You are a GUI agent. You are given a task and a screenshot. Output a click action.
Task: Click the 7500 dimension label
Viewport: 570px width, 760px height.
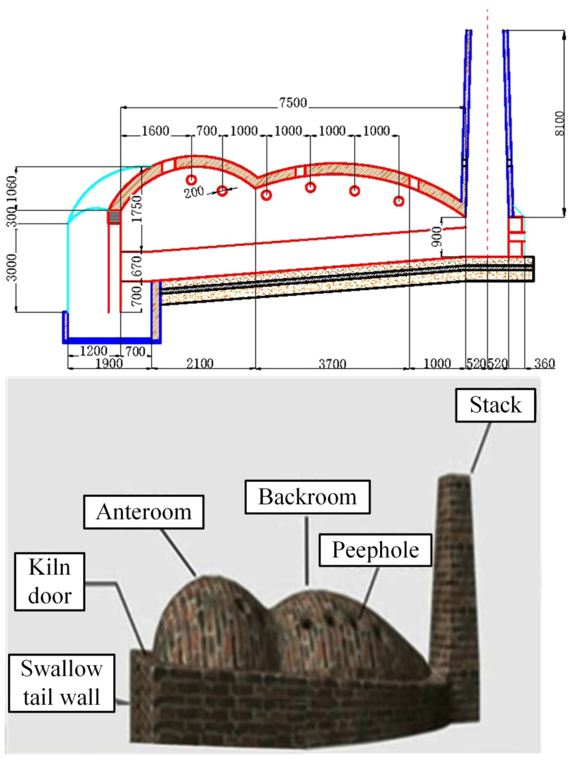click(292, 103)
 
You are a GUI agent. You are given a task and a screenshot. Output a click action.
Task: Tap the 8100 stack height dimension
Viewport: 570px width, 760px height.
click(560, 123)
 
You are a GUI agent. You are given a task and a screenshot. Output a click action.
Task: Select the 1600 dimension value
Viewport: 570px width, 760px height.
click(156, 131)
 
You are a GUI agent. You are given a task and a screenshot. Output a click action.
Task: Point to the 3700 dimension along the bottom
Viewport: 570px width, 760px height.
click(332, 364)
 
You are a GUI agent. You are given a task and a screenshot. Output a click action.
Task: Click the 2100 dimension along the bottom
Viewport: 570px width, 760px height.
click(200, 364)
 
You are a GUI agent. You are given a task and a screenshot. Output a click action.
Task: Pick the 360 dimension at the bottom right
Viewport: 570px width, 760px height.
click(544, 364)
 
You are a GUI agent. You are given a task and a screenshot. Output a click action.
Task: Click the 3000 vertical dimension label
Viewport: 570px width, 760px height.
click(12, 267)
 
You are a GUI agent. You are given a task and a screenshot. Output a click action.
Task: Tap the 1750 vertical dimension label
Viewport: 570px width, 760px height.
click(137, 209)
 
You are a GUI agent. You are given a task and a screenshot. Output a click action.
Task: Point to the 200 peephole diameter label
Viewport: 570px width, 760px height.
click(194, 192)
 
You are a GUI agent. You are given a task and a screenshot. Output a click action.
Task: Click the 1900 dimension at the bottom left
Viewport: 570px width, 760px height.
click(109, 364)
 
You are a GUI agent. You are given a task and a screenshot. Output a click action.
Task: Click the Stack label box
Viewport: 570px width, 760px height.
click(495, 405)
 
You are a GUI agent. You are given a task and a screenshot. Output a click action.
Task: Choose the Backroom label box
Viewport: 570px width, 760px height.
click(307, 497)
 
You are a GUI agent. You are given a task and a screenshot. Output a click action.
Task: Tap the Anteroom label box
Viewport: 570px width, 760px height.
click(144, 512)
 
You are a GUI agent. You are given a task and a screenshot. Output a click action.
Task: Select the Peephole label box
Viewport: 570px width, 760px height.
click(375, 550)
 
